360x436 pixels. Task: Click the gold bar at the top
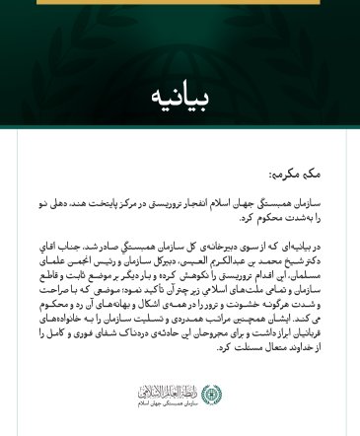tap(180, 2)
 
